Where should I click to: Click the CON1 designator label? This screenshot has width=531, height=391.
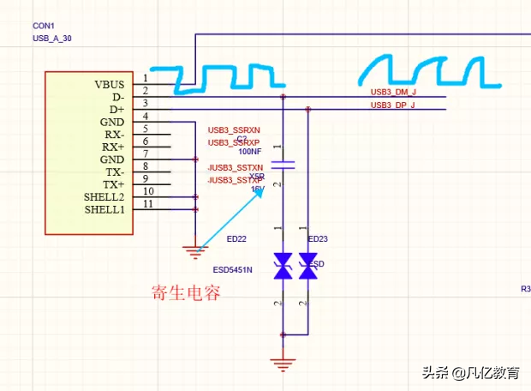point(45,27)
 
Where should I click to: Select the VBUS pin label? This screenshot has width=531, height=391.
point(110,85)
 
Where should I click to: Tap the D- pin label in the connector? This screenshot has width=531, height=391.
point(117,98)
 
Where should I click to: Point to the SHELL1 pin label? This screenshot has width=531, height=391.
point(104,210)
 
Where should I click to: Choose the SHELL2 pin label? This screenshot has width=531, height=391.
point(104,198)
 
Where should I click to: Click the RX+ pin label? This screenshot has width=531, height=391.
point(113,147)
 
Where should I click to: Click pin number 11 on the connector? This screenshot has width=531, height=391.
point(147,204)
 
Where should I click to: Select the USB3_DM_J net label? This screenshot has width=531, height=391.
point(393,92)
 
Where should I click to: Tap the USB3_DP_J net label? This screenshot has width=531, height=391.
point(393,105)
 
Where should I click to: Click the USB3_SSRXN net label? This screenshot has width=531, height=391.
point(234,129)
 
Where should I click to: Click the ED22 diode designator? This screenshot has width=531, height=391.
point(236,239)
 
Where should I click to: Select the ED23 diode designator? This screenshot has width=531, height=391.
point(318,239)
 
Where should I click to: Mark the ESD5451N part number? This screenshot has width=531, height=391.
point(233,270)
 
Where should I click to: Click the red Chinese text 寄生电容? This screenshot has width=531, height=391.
point(186,293)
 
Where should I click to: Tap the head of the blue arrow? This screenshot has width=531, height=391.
point(261,189)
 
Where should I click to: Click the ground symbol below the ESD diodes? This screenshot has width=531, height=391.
point(283,363)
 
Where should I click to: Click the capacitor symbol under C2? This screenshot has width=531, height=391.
point(283,163)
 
